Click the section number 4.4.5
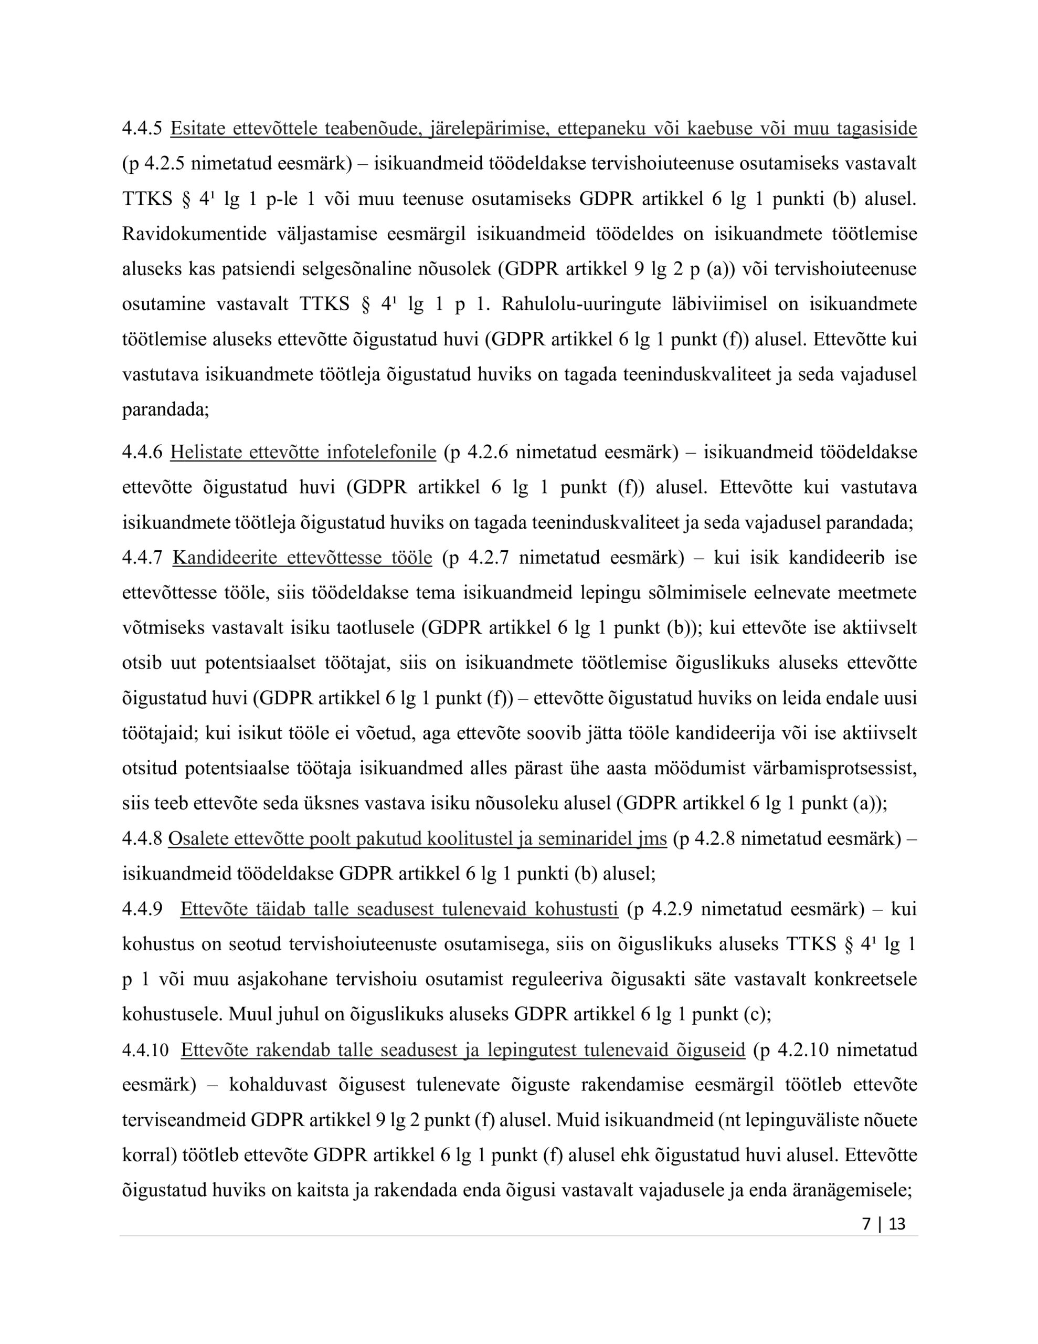142,129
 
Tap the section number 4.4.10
145,1049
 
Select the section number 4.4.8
142,838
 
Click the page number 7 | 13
884,1224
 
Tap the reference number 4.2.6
488,453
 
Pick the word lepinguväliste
812,1119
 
